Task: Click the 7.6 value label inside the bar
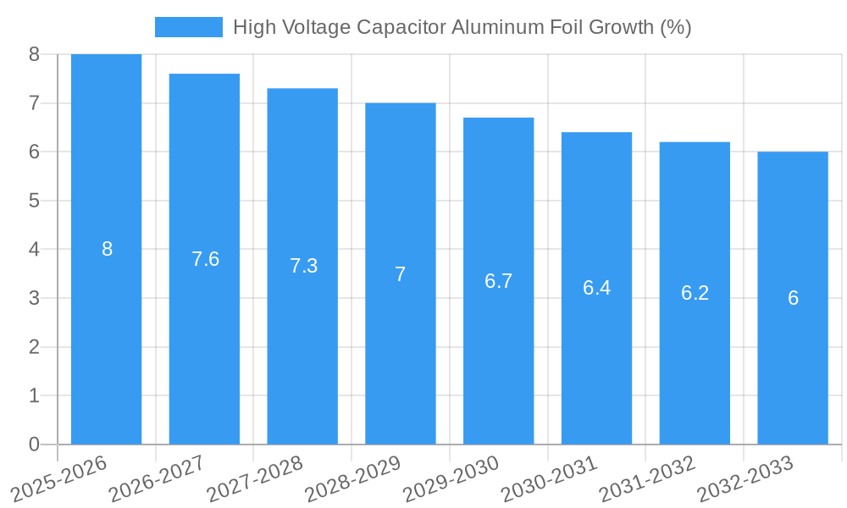click(205, 259)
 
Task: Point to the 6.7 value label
click(498, 281)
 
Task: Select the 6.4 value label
click(596, 288)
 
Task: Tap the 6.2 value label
click(695, 293)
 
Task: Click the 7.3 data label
click(303, 266)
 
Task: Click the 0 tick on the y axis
click(34, 444)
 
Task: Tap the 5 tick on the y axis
click(34, 201)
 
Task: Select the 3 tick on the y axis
click(34, 298)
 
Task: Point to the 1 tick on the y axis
click(34, 395)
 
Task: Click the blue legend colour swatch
click(188, 27)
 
